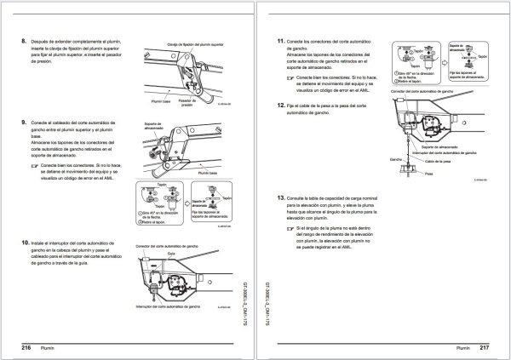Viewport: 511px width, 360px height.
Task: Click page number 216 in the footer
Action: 26,347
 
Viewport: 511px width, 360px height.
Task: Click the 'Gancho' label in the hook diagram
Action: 394,159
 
